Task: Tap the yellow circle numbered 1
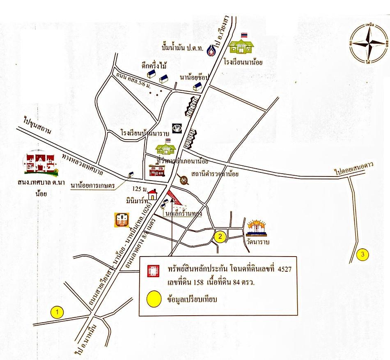(58, 312)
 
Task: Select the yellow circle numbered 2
(220, 236)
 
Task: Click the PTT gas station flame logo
(212, 50)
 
